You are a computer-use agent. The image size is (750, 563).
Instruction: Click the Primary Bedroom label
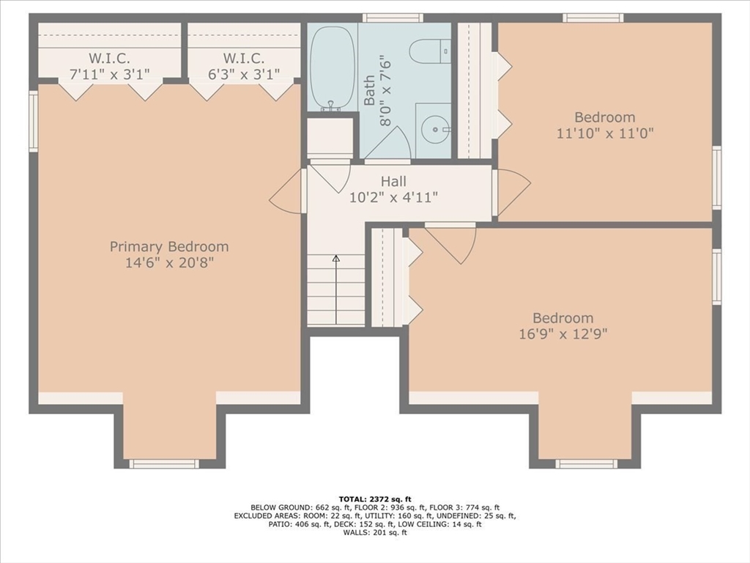point(169,246)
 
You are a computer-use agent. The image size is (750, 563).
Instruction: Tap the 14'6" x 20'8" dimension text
point(169,262)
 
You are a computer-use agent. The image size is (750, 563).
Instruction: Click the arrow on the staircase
point(336,289)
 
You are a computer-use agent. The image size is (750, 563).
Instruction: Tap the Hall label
point(393,182)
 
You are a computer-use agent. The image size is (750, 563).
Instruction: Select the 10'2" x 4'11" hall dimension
point(393,197)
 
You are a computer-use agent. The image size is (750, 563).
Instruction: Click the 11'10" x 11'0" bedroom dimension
point(605,133)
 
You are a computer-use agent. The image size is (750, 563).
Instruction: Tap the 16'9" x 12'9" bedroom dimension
point(563,334)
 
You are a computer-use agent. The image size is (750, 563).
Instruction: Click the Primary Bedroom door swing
point(287,191)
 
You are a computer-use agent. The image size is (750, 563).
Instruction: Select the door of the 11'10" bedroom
point(512,191)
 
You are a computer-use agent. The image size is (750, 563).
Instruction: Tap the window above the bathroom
point(393,18)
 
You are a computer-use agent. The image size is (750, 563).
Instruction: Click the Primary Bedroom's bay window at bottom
point(164,463)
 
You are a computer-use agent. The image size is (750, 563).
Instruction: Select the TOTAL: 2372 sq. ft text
point(375,499)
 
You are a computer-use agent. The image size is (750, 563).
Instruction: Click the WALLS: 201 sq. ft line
point(375,532)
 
